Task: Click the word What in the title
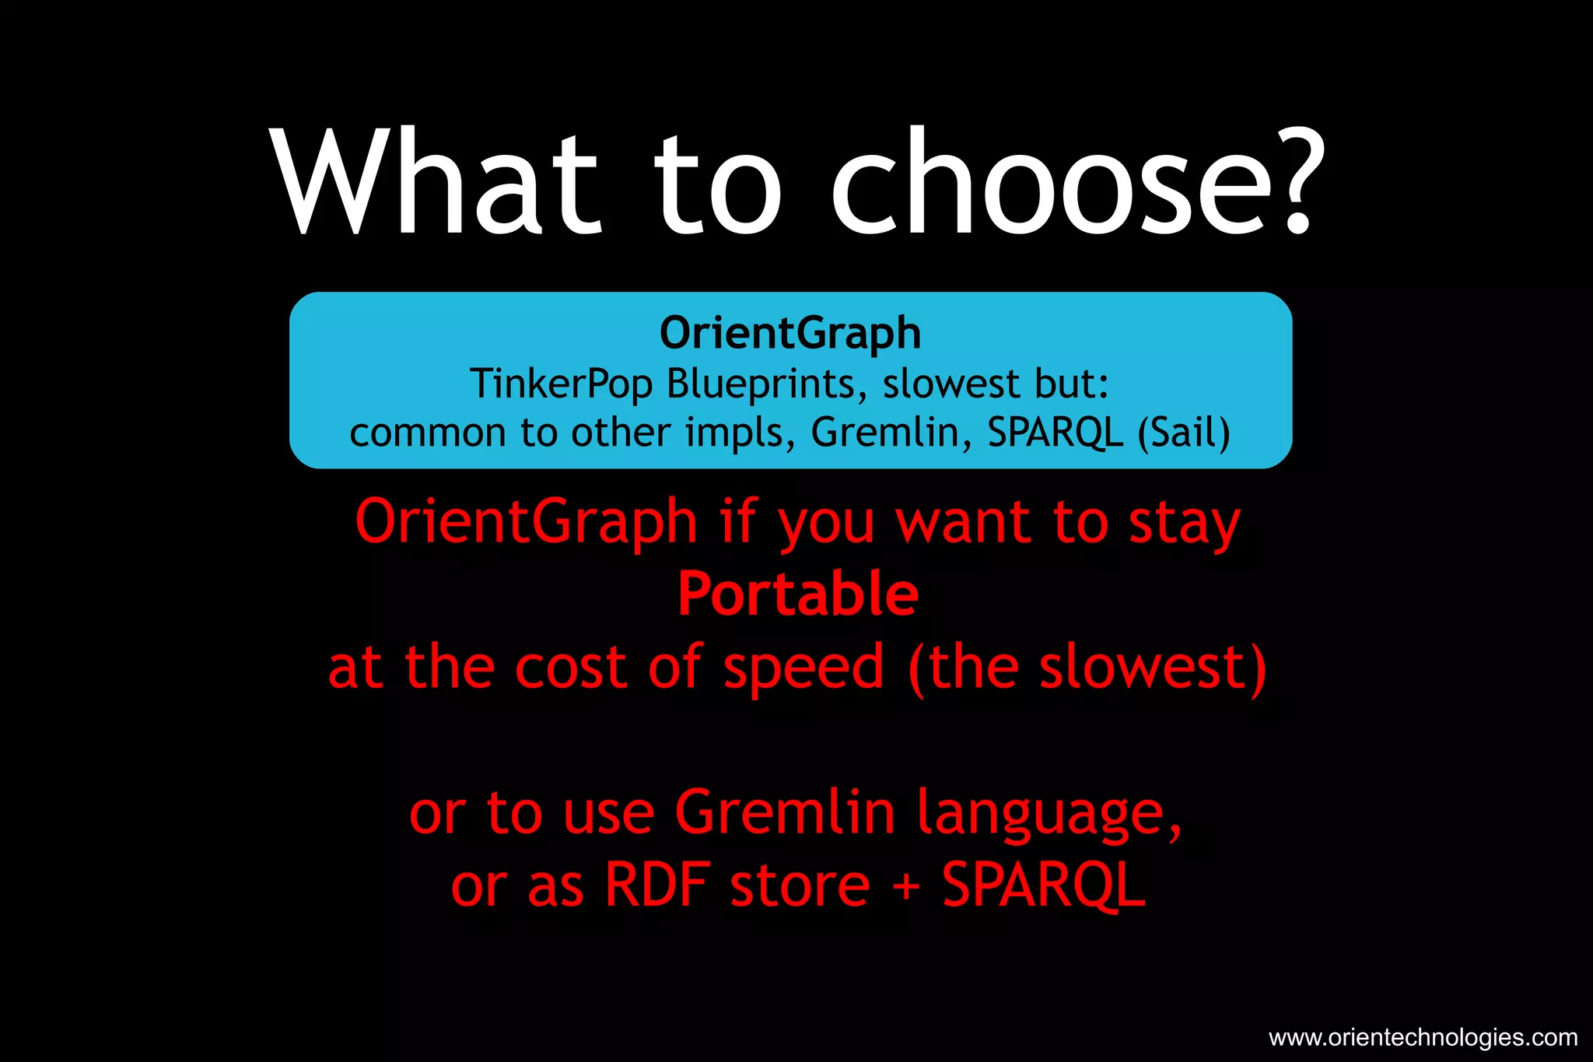coord(436,183)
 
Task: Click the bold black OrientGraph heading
coord(790,333)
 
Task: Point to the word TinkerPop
coord(561,384)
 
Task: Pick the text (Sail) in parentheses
coord(1183,433)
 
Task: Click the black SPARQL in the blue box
coord(1056,433)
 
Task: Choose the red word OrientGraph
coord(526,522)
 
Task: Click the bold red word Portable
coord(798,594)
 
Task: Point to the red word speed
coord(804,668)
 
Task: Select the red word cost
coord(570,668)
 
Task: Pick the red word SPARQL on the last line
coord(1043,885)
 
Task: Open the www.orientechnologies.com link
coord(1423,1037)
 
